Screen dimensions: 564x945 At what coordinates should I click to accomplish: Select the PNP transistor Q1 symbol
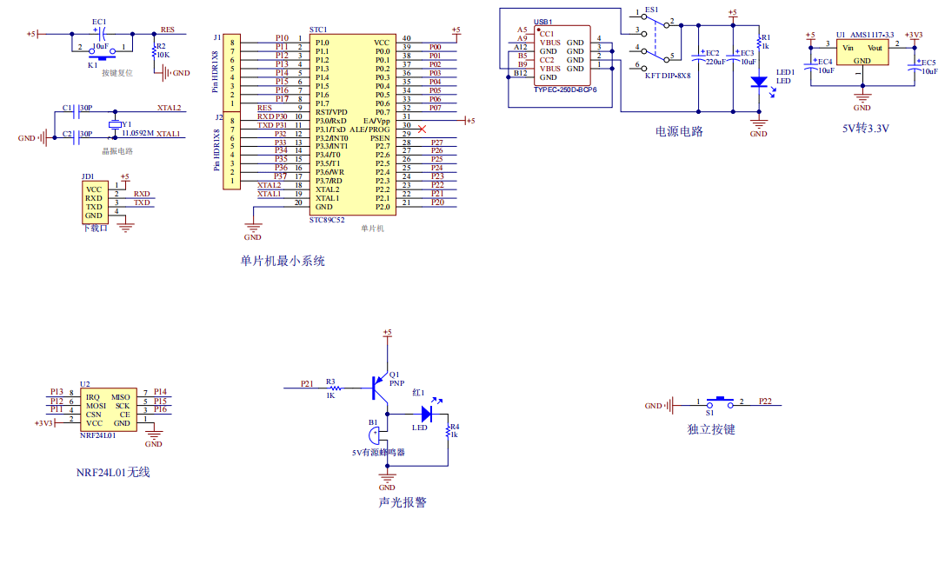point(379,388)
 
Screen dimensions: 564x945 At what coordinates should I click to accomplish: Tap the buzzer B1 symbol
point(376,433)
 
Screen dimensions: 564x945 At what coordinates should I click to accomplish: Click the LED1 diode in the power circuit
point(758,82)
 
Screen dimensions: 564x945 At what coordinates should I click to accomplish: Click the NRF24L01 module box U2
point(108,410)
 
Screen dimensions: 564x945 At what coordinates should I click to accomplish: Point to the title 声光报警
point(403,502)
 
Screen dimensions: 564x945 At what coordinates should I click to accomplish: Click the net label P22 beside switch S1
point(765,401)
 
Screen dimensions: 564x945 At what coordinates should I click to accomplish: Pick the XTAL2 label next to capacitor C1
point(169,109)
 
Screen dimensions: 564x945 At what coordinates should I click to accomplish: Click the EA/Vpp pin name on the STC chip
point(376,120)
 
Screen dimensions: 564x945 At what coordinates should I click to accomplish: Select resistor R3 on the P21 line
point(330,388)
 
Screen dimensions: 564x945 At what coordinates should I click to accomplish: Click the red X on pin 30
point(422,129)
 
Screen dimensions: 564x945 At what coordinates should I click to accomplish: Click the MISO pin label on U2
point(120,397)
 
